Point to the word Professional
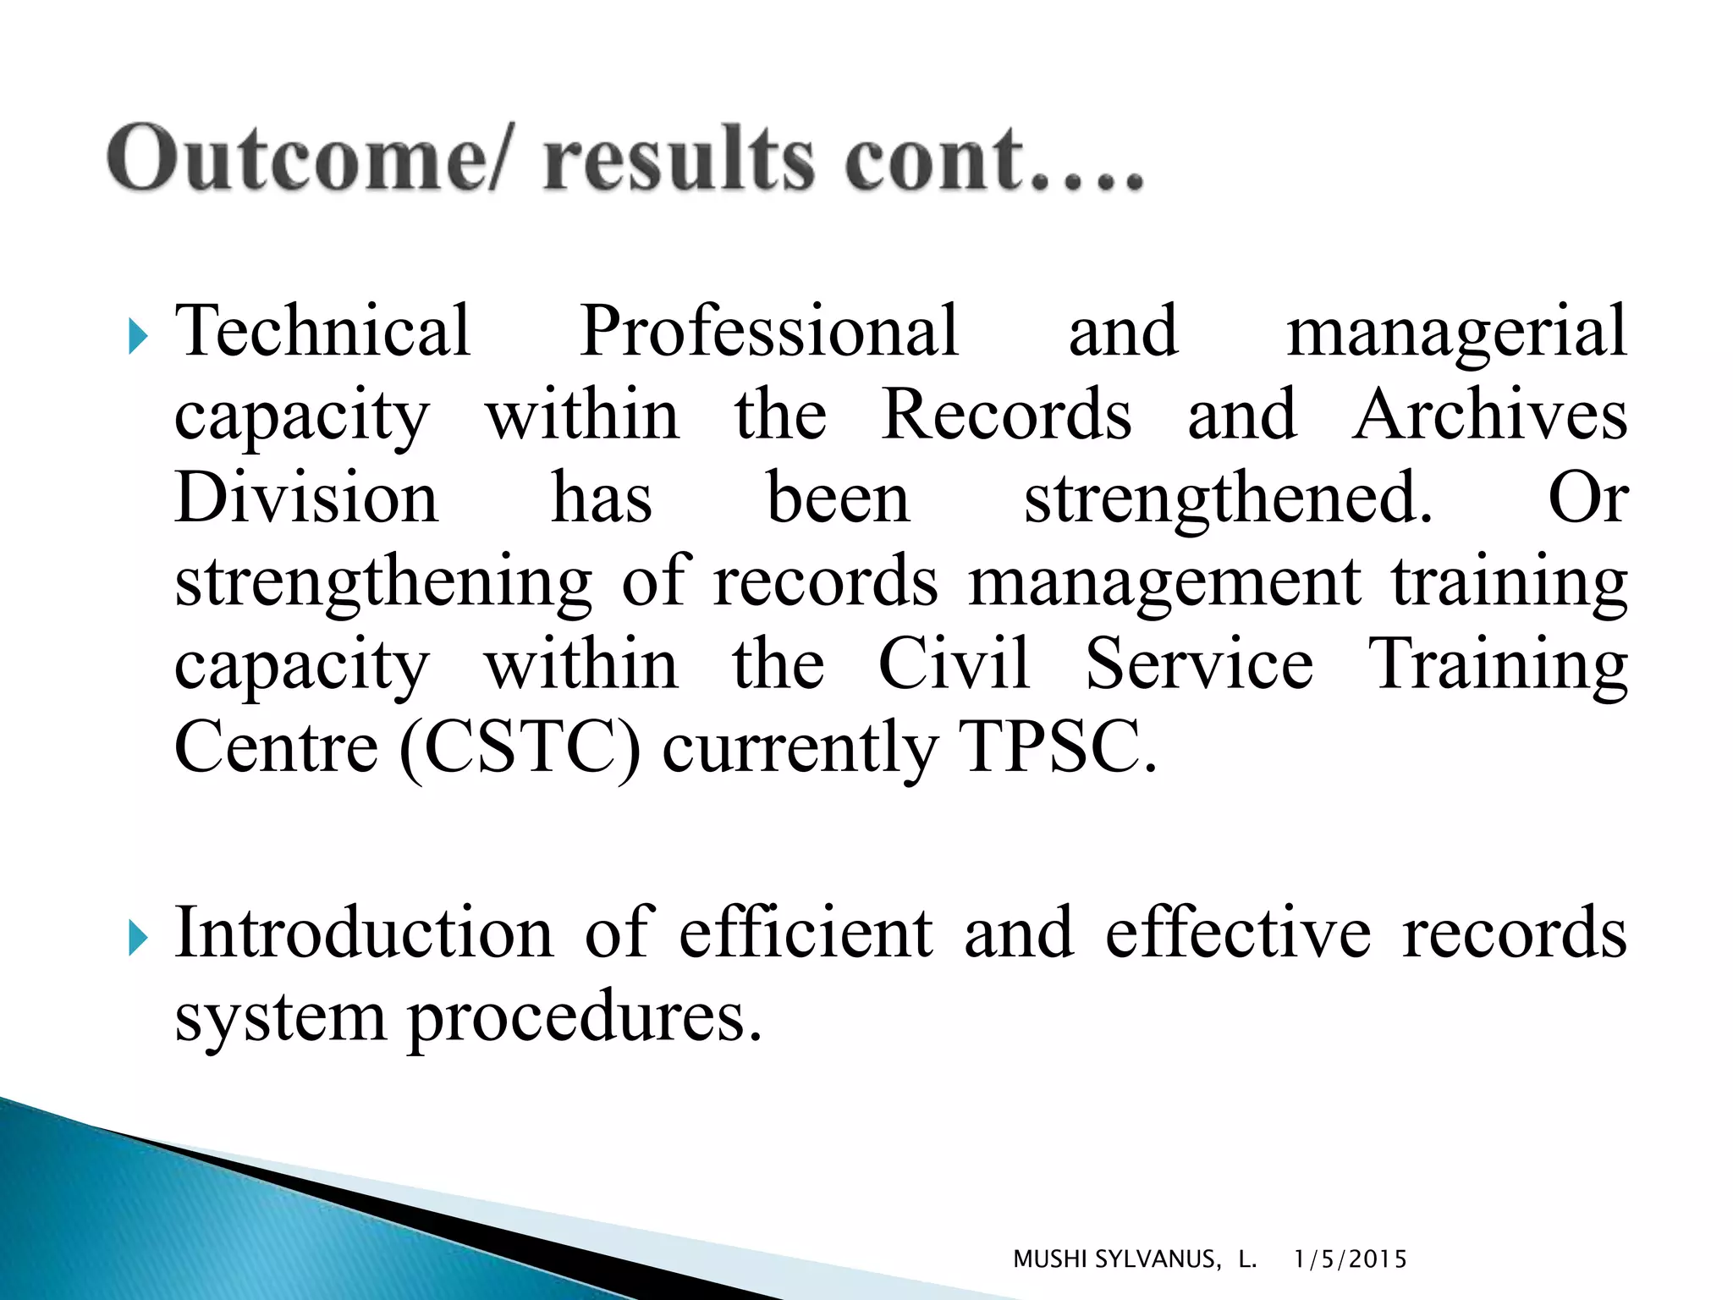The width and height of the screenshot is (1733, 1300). tap(769, 332)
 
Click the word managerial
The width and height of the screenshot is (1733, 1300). tap(1456, 332)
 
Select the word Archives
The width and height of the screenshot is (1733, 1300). tap(1489, 415)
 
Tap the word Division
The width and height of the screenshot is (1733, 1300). tap(306, 498)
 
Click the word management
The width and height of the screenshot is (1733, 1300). tap(1164, 581)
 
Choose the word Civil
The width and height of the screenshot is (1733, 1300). tap(954, 664)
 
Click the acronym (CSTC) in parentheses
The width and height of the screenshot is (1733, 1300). tap(520, 747)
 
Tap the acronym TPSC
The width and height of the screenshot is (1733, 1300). tap(1057, 747)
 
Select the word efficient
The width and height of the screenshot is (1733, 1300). tap(806, 933)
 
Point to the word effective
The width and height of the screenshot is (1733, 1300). tap(1238, 933)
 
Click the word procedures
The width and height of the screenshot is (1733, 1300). tap(585, 1017)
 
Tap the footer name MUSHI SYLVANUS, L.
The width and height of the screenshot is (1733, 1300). tap(1134, 1259)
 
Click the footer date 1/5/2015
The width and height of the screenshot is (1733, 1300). tap(1350, 1259)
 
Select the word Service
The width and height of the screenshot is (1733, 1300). tap(1199, 664)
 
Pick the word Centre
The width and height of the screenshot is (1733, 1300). tap(276, 747)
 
